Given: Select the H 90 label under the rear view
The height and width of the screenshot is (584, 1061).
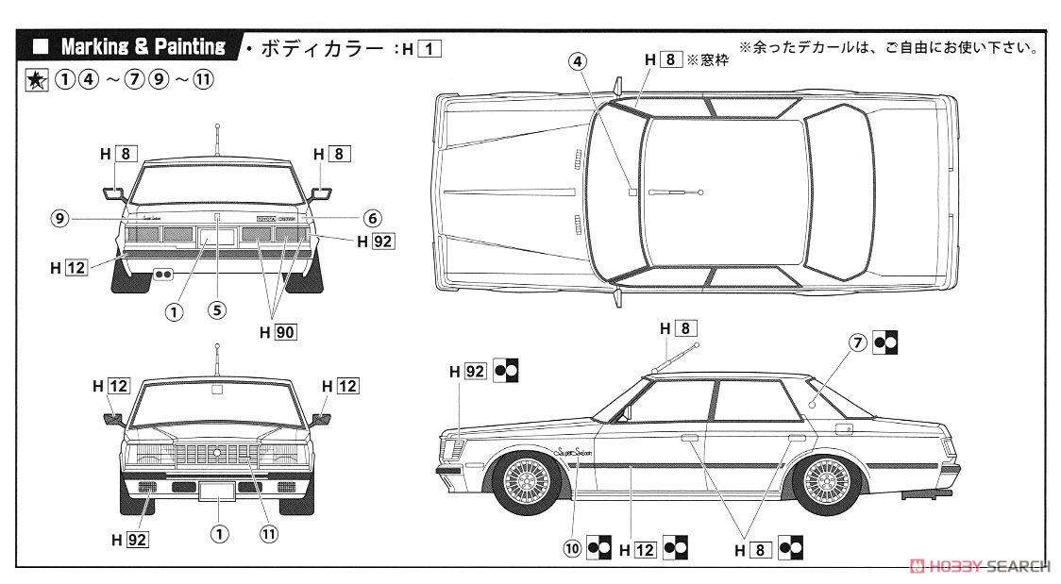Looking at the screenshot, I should (278, 331).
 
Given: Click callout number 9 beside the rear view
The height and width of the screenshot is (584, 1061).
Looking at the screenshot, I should (60, 218).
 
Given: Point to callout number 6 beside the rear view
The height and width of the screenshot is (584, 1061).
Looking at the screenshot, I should (372, 216).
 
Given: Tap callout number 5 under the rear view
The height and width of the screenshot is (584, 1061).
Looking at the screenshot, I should (217, 308).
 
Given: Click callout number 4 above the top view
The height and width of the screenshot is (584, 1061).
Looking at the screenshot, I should (578, 60).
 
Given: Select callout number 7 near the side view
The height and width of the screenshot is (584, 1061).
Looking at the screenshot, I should (857, 343).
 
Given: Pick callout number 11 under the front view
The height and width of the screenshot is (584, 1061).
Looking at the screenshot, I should (269, 534).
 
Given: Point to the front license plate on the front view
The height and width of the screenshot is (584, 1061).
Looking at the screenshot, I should (218, 491).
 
